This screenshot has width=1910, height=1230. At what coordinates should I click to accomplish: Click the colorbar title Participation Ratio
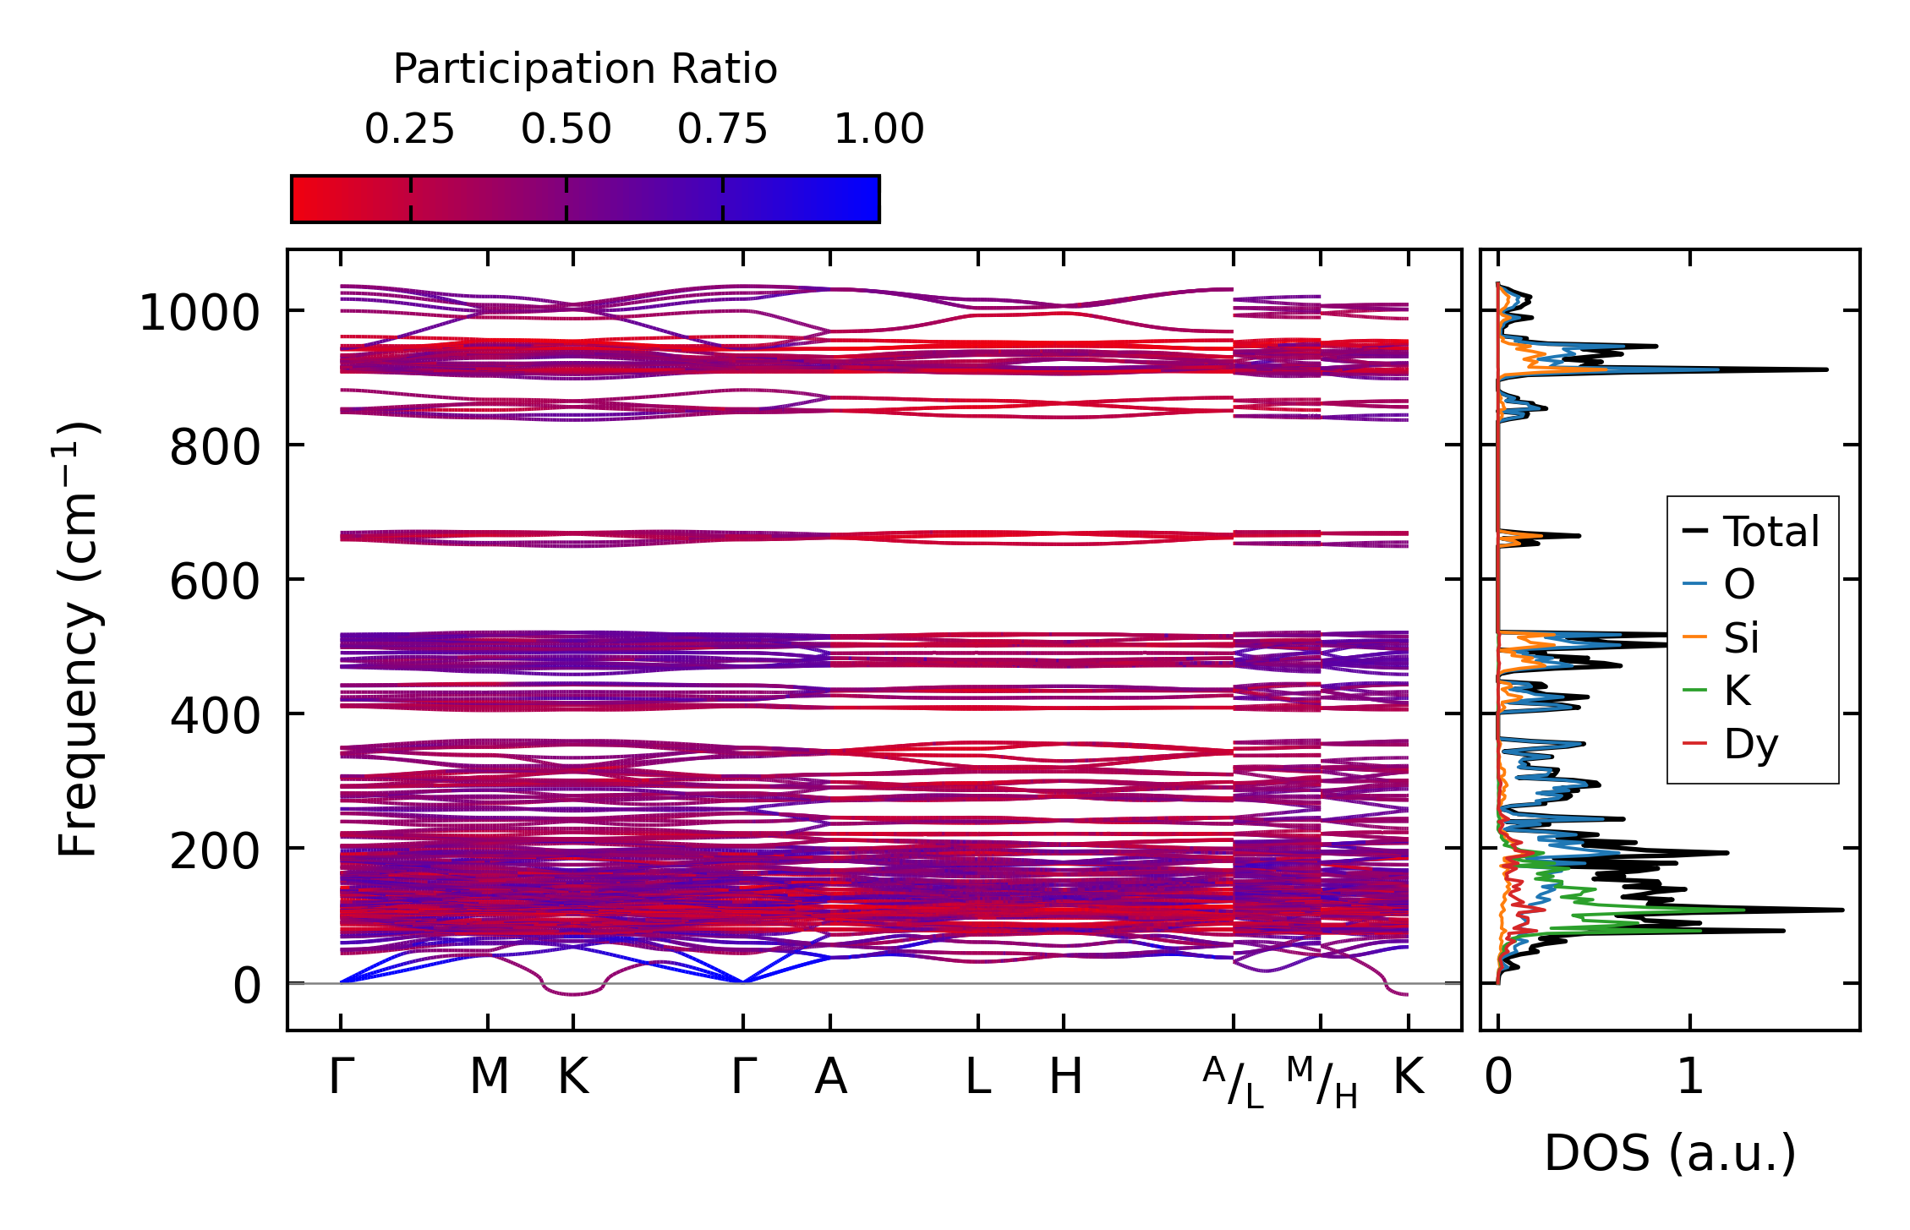(x=585, y=69)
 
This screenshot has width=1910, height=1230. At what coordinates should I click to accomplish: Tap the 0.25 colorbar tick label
(x=409, y=130)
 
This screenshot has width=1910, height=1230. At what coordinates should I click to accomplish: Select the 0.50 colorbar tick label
(x=566, y=130)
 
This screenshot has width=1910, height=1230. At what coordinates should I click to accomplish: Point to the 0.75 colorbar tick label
(x=722, y=130)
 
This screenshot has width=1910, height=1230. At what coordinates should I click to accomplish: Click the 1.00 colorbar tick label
(x=878, y=130)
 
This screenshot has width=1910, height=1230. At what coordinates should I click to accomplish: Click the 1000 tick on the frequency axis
(x=199, y=314)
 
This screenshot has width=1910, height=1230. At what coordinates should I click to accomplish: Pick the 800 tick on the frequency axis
(x=215, y=447)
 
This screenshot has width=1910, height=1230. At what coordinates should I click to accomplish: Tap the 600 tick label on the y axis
(x=215, y=582)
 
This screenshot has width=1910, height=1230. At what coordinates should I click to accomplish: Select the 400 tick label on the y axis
(x=215, y=717)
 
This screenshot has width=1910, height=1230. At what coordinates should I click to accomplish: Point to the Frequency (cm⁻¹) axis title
(x=78, y=639)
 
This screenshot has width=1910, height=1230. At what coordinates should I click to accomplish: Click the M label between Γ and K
(x=489, y=1077)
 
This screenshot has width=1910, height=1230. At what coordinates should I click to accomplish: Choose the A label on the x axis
(x=830, y=1077)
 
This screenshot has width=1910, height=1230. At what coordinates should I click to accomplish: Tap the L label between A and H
(x=978, y=1077)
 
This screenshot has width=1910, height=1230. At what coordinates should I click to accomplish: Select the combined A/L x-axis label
(x=1234, y=1082)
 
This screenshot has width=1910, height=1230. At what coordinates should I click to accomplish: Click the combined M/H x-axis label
(x=1322, y=1082)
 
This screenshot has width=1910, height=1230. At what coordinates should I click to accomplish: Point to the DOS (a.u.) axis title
(x=1670, y=1153)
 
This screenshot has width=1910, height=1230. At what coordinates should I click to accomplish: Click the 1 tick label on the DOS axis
(x=1690, y=1077)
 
